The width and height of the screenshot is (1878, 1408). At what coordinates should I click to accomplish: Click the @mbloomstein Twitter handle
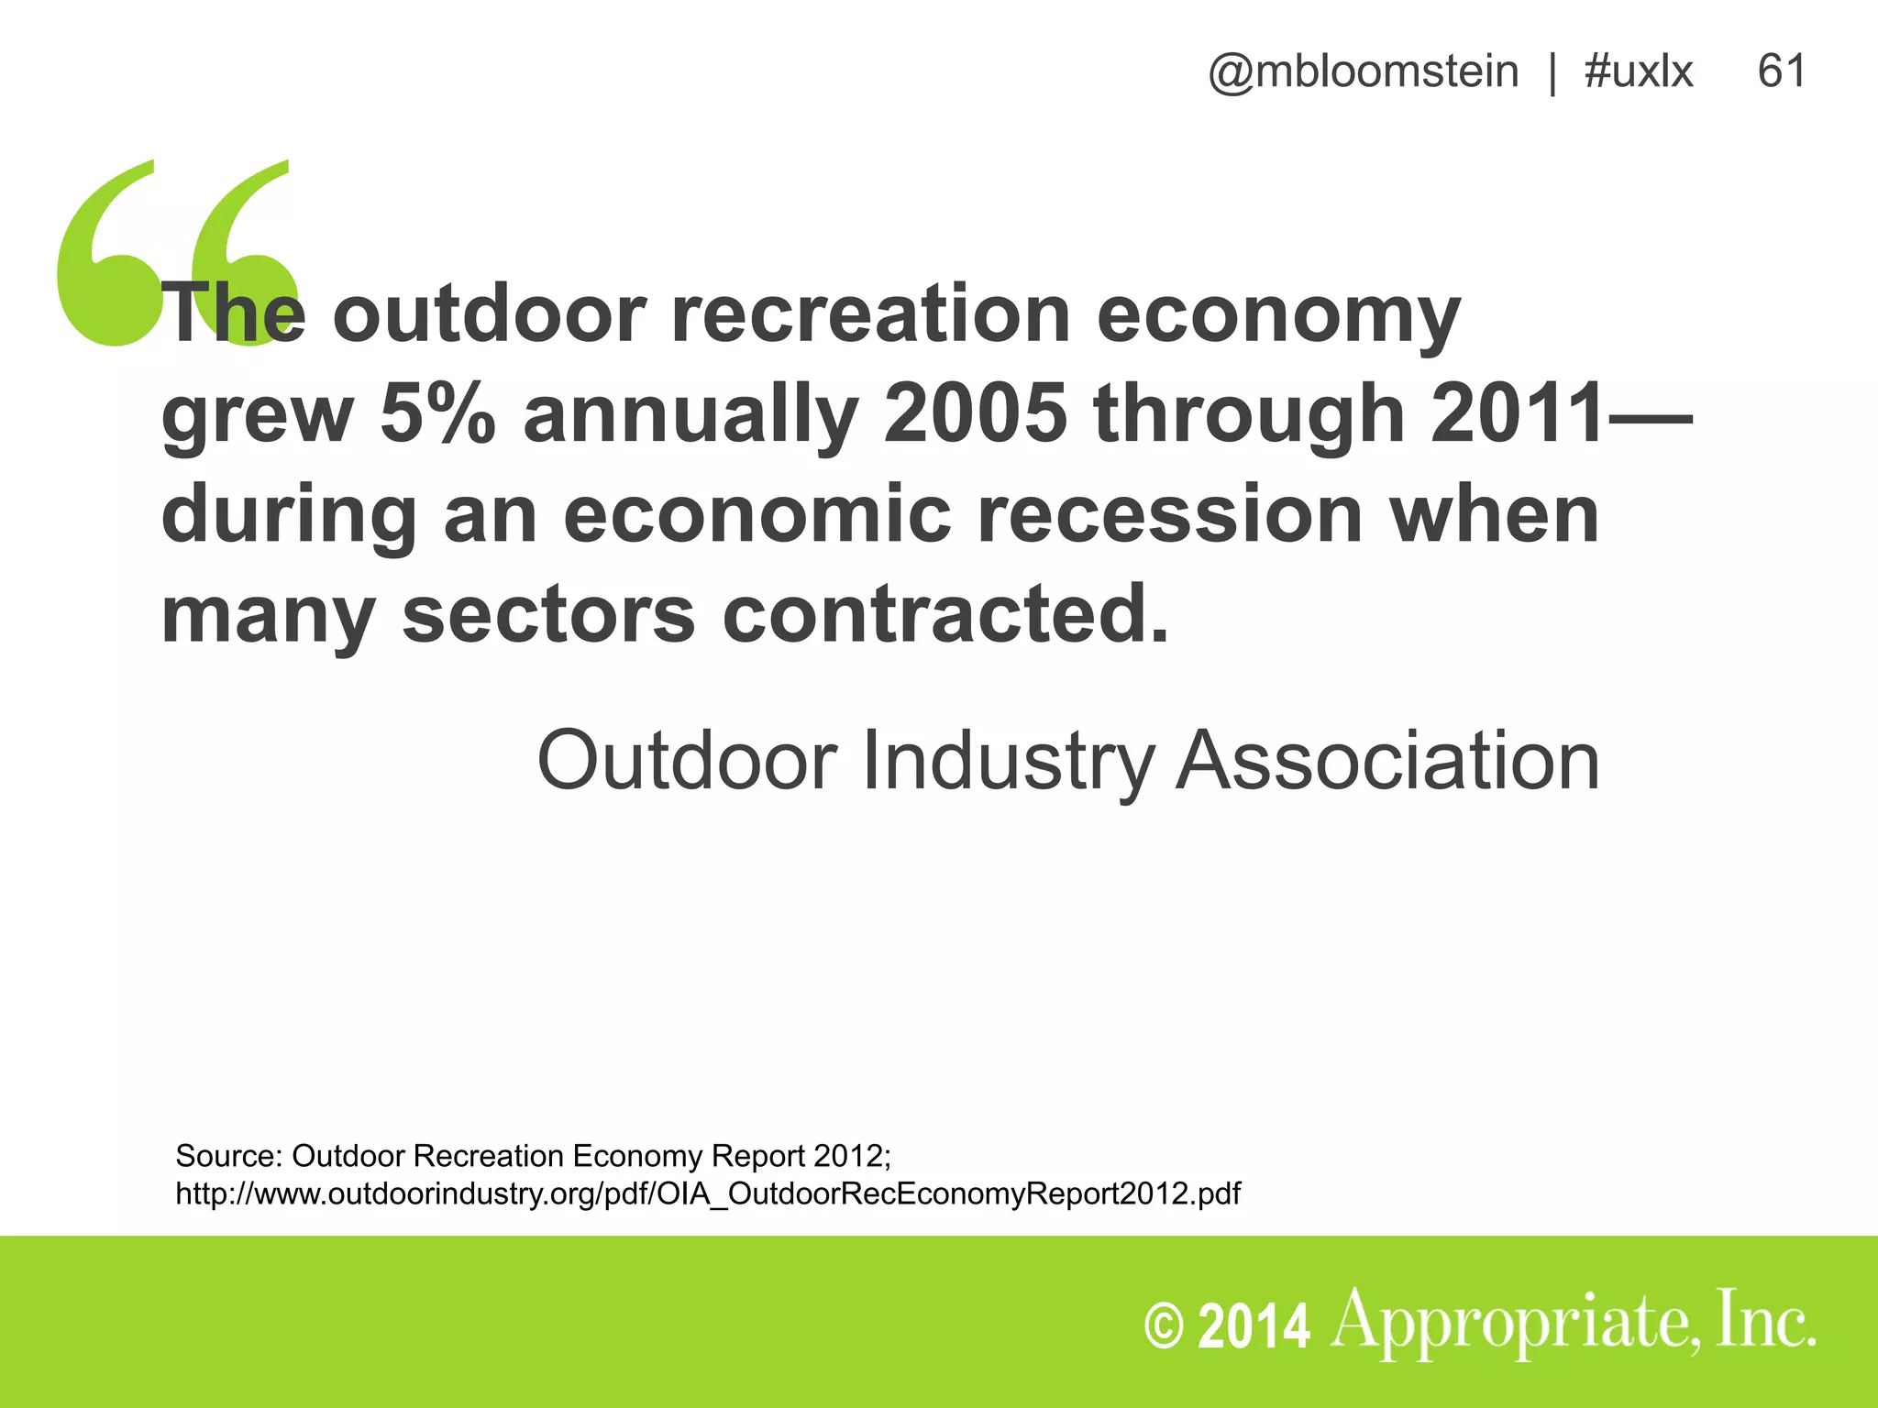[1363, 71]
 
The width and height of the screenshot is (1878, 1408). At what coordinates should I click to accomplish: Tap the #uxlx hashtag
[1638, 71]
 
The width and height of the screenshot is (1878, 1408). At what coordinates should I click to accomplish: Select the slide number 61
[1782, 71]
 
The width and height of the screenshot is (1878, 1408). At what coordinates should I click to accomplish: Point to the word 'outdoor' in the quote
[490, 314]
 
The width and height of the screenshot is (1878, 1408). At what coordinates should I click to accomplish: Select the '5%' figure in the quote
[437, 413]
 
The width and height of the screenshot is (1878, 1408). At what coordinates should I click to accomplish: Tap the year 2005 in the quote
[976, 413]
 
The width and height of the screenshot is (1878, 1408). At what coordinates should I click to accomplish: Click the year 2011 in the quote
[1518, 413]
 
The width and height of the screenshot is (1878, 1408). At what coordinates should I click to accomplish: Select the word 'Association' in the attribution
[1388, 761]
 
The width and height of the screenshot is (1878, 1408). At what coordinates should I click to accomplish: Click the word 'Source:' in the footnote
[228, 1156]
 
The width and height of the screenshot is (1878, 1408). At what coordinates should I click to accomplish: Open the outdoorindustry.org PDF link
[707, 1194]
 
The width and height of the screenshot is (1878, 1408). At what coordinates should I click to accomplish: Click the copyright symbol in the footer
[1165, 1327]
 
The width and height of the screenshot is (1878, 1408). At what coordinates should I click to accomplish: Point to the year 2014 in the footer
[1254, 1327]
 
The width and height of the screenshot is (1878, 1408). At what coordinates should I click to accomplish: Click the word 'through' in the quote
[1249, 413]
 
